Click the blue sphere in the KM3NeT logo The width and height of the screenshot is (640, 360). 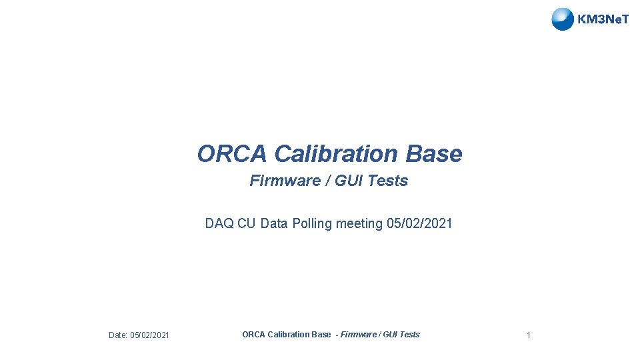click(x=563, y=19)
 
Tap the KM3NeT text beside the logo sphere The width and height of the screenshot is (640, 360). click(x=603, y=19)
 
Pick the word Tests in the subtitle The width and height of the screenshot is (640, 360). click(x=386, y=181)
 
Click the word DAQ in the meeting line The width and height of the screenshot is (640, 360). click(x=219, y=224)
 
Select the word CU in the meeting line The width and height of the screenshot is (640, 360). click(x=246, y=224)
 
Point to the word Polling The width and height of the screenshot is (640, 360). click(x=311, y=224)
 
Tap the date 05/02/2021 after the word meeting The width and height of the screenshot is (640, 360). click(x=419, y=224)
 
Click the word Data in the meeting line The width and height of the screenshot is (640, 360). click(x=273, y=224)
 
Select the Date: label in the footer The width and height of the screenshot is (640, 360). click(x=118, y=335)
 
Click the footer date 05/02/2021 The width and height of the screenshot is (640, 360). click(x=149, y=335)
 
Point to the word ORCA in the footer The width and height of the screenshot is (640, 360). click(x=253, y=335)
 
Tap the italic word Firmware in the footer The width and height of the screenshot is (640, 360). click(x=359, y=335)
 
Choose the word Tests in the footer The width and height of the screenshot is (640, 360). click(x=410, y=335)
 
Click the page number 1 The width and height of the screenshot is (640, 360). click(x=528, y=335)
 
